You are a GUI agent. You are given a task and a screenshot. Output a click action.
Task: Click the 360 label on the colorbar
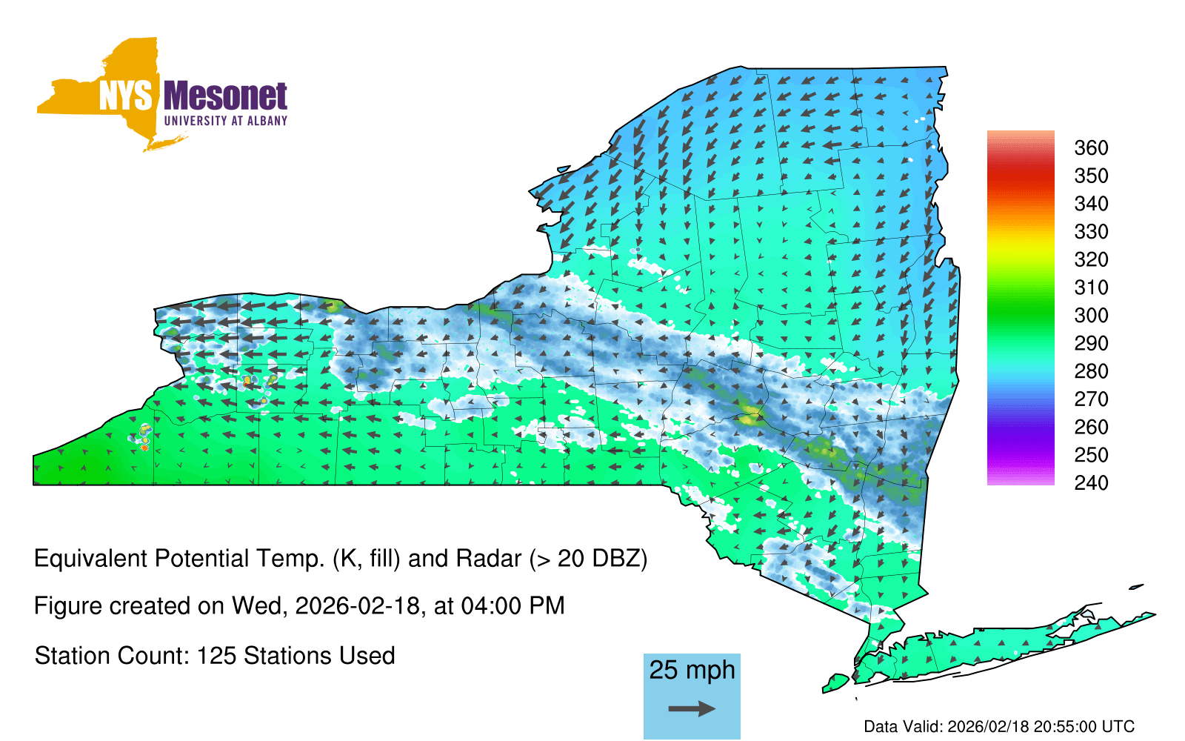coord(1091,147)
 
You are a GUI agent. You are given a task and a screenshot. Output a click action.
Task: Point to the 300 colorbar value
coord(1091,316)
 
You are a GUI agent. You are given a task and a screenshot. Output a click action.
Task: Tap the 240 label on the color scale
coord(1091,482)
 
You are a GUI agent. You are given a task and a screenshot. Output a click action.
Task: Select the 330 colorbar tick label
coord(1091,232)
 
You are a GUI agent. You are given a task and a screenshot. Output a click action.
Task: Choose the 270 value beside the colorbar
coord(1091,399)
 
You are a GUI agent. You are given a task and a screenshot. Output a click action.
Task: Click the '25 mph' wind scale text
coord(692,670)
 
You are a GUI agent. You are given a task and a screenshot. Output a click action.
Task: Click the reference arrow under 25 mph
coord(692,708)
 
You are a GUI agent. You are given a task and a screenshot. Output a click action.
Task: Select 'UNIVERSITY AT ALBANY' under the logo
coord(226,121)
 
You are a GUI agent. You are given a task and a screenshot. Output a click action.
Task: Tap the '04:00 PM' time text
coord(513,606)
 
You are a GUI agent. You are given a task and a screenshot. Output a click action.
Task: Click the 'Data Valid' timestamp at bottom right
coord(999,726)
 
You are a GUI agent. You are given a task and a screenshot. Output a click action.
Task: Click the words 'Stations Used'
coord(319,656)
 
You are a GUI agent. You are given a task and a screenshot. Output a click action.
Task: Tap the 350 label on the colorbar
coord(1091,176)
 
